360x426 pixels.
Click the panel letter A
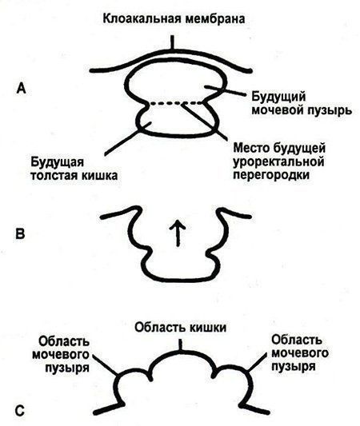(21, 88)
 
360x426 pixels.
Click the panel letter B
(20, 233)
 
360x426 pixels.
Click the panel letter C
(20, 411)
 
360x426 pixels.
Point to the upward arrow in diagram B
(178, 233)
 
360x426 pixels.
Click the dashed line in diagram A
(177, 103)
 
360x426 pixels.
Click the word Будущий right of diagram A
(278, 97)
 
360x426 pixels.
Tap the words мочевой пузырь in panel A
(302, 110)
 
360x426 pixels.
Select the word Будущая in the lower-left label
(57, 162)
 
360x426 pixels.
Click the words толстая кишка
(74, 176)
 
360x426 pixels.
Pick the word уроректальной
(278, 162)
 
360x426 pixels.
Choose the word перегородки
(271, 175)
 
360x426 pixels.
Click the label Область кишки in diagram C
(180, 328)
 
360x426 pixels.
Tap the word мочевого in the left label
(61, 354)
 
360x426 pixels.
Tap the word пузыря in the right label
(294, 367)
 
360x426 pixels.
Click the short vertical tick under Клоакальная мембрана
(172, 42)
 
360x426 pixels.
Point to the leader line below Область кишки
(179, 345)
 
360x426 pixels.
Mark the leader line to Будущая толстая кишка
(127, 139)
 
